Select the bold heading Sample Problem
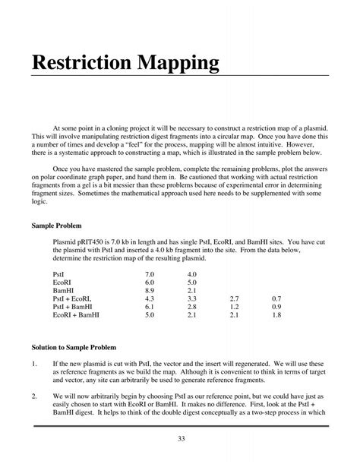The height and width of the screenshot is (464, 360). pyautogui.click(x=56, y=226)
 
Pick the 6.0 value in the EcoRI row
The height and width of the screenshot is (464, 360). pyautogui.click(x=149, y=282)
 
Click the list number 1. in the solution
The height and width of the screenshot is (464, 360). pyautogui.click(x=34, y=363)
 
